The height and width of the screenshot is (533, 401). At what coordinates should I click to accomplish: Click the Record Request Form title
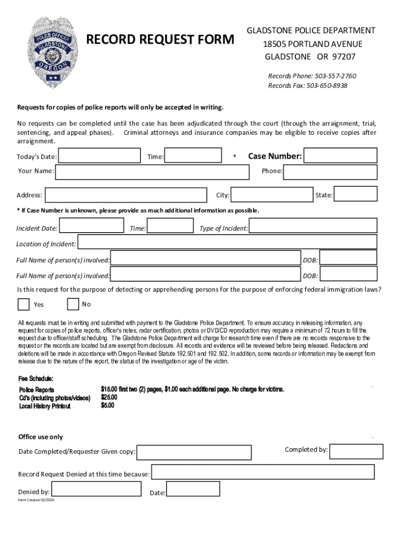[160, 40]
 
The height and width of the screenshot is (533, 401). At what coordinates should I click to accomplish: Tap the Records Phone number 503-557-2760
[312, 76]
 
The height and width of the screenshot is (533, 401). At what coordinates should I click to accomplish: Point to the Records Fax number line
[307, 85]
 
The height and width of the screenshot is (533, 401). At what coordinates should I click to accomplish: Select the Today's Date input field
[99, 156]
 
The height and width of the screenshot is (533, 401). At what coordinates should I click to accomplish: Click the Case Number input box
[340, 156]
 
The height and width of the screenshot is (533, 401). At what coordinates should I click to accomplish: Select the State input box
[355, 194]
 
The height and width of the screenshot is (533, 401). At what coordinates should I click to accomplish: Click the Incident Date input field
[91, 226]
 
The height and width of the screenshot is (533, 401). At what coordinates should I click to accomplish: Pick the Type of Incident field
[312, 226]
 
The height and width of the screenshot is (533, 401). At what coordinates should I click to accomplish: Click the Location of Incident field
[227, 242]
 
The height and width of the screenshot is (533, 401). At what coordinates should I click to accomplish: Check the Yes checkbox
[23, 304]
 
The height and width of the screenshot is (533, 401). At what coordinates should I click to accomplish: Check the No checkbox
[73, 303]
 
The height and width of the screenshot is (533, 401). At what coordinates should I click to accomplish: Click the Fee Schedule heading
[36, 378]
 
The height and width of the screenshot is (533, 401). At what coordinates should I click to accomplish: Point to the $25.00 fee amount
[109, 398]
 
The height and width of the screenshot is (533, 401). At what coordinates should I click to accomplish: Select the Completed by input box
[356, 451]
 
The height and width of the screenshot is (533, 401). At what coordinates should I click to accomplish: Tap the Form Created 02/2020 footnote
[36, 500]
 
